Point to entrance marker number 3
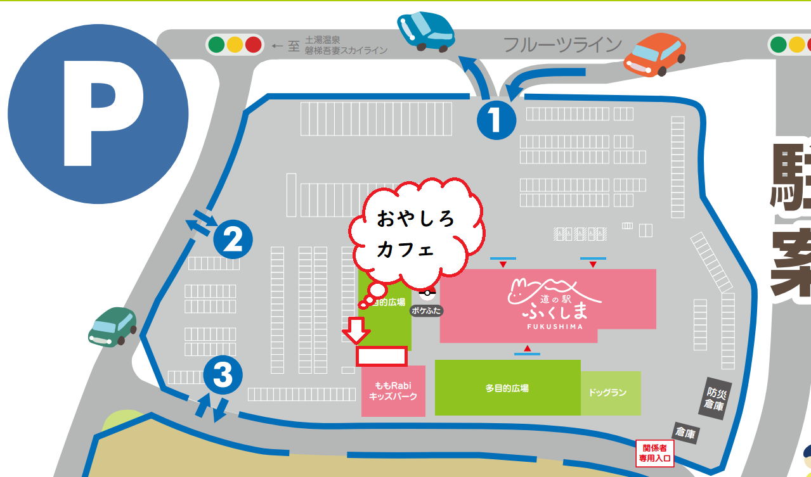pyautogui.click(x=223, y=375)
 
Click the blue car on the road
pyautogui.click(x=426, y=30)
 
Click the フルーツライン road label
pyautogui.click(x=562, y=45)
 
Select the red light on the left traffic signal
pyautogui.click(x=253, y=45)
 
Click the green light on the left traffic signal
pyautogui.click(x=217, y=45)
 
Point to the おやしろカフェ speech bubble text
pyautogui.click(x=416, y=234)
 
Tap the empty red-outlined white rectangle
pyautogui.click(x=381, y=357)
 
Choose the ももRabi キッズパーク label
pyautogui.click(x=393, y=391)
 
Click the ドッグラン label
pyautogui.click(x=607, y=393)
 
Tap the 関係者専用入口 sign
pyautogui.click(x=654, y=452)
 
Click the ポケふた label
pyautogui.click(x=426, y=311)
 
